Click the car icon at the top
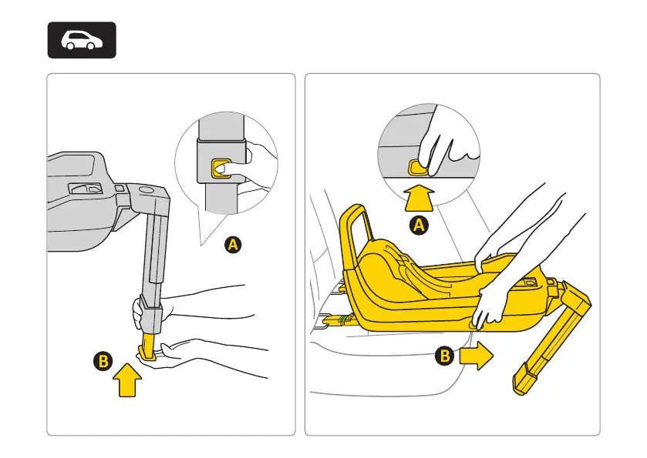coord(82,40)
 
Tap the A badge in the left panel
coord(233,246)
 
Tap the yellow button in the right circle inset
coord(417,165)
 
